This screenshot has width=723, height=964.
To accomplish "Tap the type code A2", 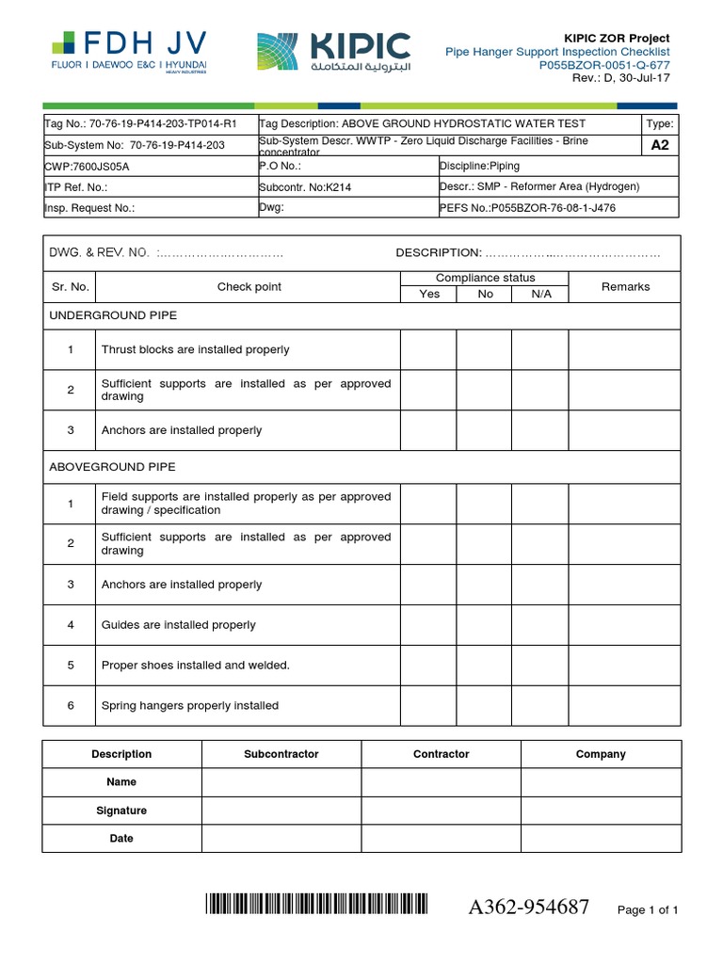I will pos(660,145).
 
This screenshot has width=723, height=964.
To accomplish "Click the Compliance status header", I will pos(485,278).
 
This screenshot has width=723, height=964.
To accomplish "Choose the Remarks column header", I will pos(625,286).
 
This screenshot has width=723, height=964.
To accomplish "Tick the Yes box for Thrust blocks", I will pos(428,349).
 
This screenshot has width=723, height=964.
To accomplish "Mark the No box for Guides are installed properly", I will pos(484,625).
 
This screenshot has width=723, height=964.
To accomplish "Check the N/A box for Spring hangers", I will pos(539,705).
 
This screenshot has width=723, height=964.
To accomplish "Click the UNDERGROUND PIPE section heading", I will pos(113,315).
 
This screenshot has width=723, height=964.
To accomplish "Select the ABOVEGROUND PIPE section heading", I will pos(112,467).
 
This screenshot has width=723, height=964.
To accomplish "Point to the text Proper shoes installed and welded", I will pos(196,666).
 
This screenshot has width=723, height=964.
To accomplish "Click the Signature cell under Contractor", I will pos(441,811).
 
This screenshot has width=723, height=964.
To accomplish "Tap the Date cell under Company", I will pos(601,838).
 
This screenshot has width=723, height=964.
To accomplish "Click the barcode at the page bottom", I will pos(316,906).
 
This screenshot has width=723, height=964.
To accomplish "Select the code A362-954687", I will pos(529,908).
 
